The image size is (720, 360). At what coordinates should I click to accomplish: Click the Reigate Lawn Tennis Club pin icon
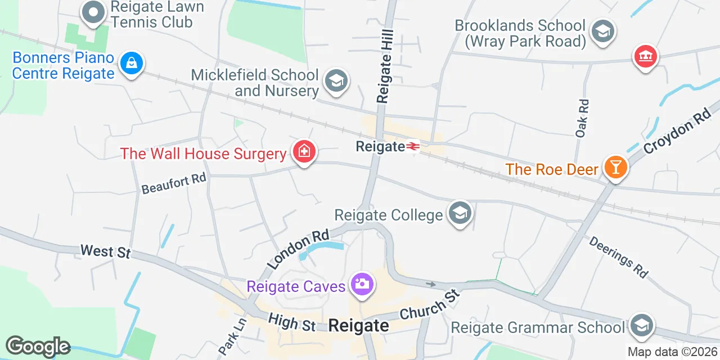click(x=93, y=12)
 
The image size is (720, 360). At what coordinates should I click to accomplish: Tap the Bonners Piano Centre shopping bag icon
click(x=131, y=63)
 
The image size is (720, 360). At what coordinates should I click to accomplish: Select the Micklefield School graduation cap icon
click(x=336, y=81)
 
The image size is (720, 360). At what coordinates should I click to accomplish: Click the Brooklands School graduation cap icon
click(x=603, y=31)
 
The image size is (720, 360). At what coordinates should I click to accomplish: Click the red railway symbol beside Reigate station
click(x=413, y=147)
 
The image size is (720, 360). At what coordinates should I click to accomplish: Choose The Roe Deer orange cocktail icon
click(x=615, y=167)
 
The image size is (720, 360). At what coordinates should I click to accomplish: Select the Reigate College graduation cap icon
click(x=460, y=213)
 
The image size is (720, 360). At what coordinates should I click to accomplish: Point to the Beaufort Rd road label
click(x=174, y=183)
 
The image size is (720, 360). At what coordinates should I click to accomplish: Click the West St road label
click(x=105, y=251)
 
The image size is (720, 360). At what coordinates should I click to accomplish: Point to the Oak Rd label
click(x=582, y=118)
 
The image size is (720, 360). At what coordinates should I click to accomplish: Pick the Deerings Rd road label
click(x=618, y=256)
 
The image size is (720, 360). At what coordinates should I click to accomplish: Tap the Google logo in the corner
click(x=38, y=346)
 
